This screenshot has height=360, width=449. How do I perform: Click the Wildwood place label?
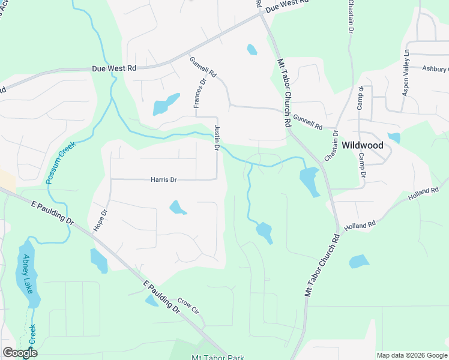362,145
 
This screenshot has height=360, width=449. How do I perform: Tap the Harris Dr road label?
164,179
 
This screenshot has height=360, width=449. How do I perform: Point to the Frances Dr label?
199,93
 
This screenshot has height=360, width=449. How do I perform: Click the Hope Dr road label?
100,220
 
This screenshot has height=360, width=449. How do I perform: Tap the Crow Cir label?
187,305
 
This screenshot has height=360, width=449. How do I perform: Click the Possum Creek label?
58,163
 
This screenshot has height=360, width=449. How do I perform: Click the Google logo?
20,353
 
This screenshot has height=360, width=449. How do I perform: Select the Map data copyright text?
411,355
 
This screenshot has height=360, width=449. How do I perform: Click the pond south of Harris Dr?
177,208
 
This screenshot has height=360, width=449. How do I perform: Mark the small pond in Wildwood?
394,137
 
